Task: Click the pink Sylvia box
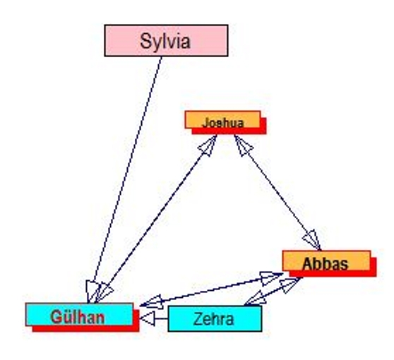166,40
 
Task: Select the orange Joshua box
222,119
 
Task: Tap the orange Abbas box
326,260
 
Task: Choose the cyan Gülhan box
79,315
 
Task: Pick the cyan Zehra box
215,318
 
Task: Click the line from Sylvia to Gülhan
125,179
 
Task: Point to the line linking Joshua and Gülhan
156,219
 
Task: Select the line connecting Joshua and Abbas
277,193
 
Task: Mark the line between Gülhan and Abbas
211,289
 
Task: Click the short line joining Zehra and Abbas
273,292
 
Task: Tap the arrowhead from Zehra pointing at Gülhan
148,318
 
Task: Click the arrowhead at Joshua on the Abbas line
243,145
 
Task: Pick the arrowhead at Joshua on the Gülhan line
208,146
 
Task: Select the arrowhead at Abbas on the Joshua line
312,240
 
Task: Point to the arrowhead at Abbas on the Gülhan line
271,277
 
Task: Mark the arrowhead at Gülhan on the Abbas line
151,301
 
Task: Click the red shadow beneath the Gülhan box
85,329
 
